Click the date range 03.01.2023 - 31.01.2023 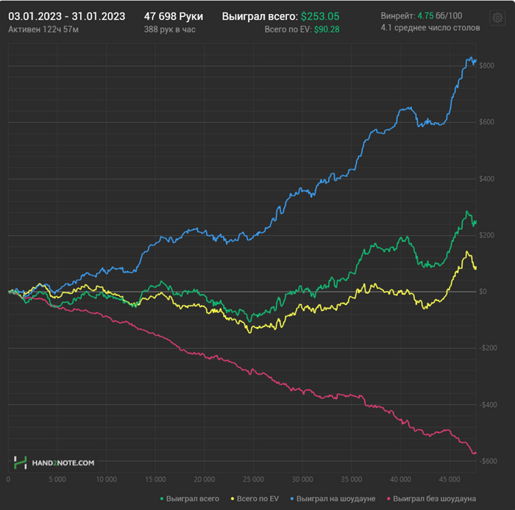(66, 15)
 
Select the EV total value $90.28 (322, 29)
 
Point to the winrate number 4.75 (425, 15)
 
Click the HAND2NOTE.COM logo (54, 463)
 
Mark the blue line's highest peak (469, 57)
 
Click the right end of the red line (475, 453)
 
